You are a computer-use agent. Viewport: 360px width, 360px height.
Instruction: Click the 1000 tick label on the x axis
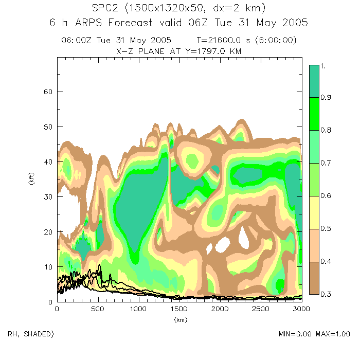point(138,309)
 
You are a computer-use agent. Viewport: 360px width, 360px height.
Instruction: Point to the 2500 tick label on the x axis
point(260,309)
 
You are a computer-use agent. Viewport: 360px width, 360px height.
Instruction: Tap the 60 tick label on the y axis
point(47,92)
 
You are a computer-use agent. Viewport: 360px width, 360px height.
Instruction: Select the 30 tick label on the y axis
point(47,197)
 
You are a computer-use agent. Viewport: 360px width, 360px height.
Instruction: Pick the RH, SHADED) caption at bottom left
point(31,334)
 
